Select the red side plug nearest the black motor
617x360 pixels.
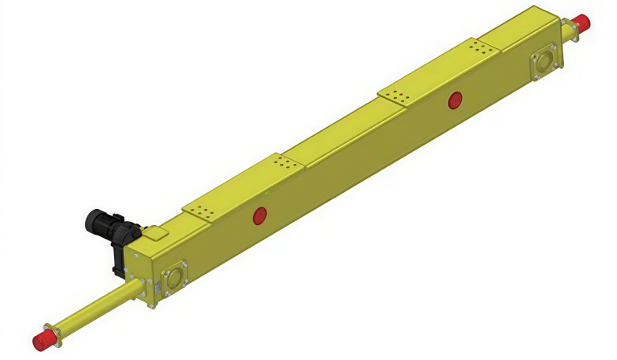point(259,215)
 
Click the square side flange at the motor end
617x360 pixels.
point(174,278)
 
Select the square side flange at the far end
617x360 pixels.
point(544,63)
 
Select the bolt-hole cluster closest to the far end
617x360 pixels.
point(480,47)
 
